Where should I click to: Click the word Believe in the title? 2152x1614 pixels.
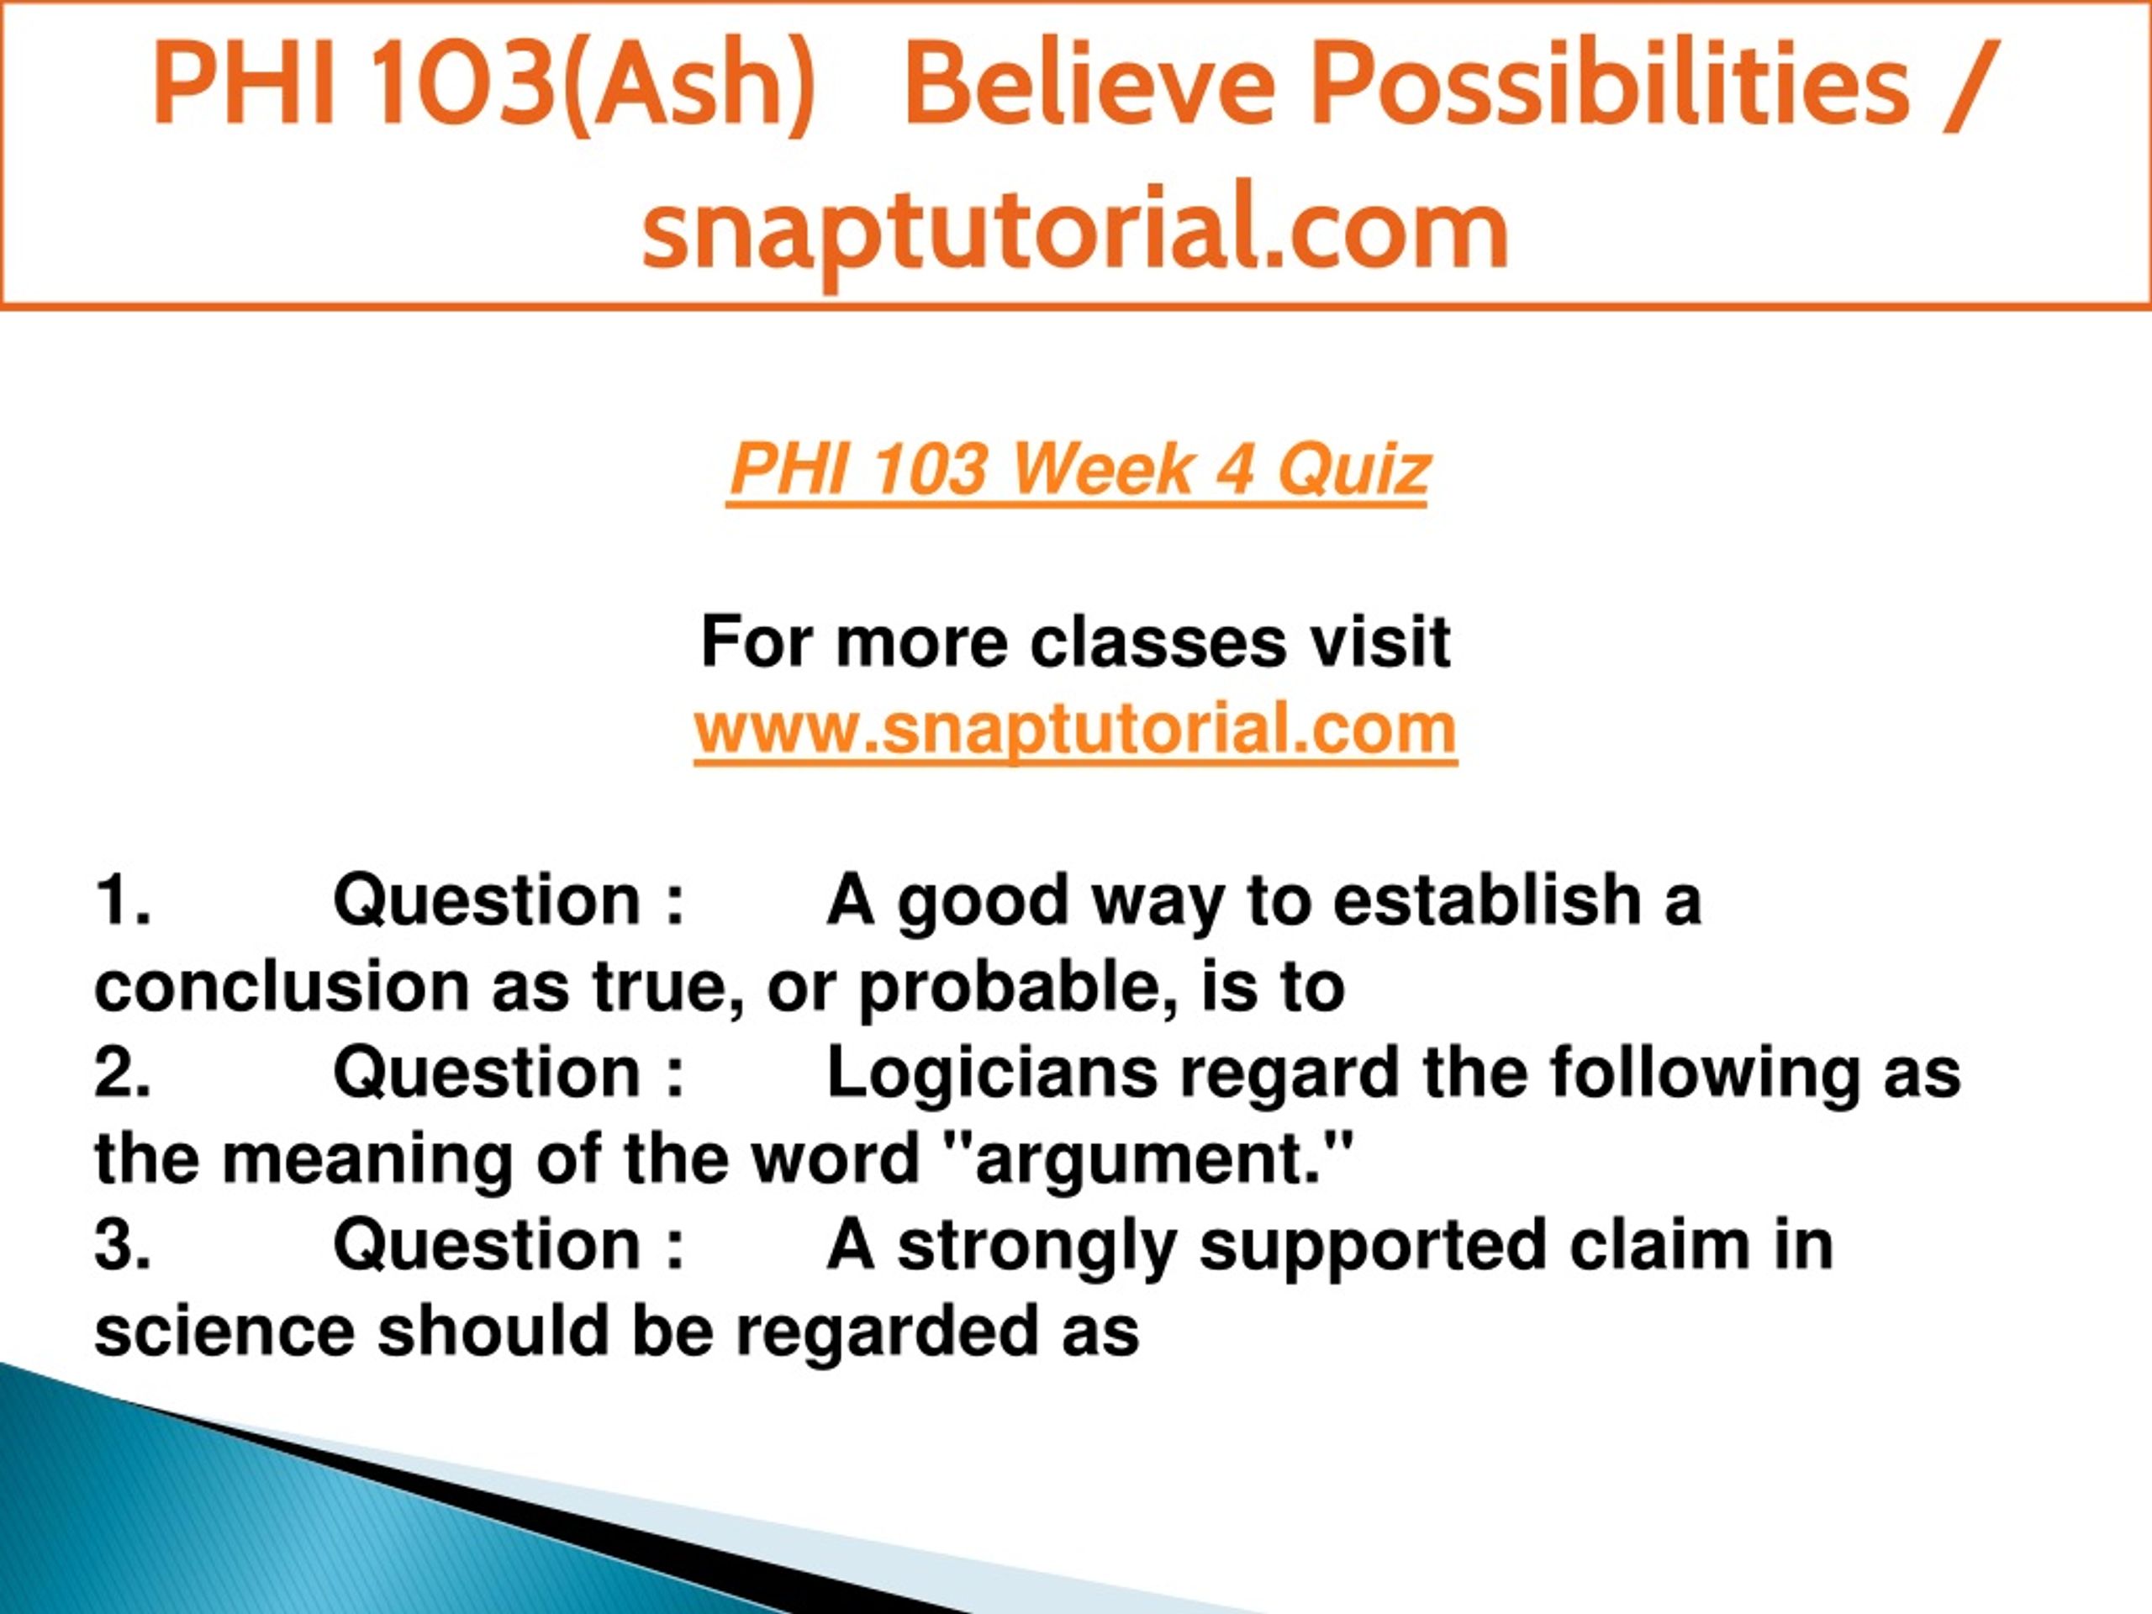point(1089,85)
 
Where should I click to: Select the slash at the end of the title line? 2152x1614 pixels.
point(1967,85)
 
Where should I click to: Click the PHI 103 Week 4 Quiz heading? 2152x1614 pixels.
point(1078,470)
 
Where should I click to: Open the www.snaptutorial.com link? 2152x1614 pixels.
point(1075,729)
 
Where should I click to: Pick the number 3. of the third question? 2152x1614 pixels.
point(123,1244)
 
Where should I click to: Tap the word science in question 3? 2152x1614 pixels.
point(224,1332)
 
